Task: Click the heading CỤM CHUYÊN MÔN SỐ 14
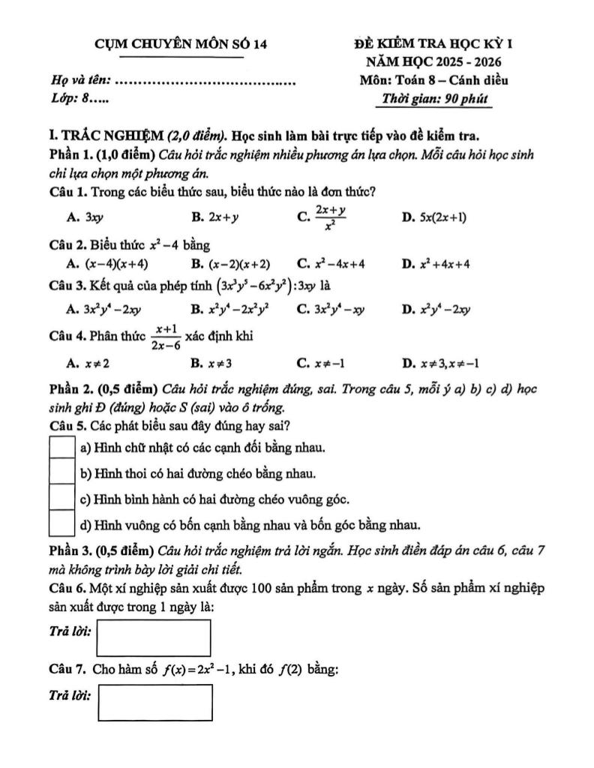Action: point(181,44)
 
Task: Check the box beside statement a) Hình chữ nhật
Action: point(61,448)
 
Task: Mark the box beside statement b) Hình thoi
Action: point(61,473)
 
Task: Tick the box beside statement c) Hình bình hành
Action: point(61,498)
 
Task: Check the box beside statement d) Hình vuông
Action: point(61,523)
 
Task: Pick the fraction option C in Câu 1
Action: point(322,217)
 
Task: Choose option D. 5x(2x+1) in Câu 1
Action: point(435,217)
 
